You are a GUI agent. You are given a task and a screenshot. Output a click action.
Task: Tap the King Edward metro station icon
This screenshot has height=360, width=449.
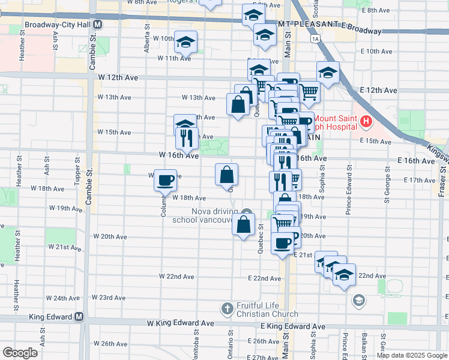point(79,317)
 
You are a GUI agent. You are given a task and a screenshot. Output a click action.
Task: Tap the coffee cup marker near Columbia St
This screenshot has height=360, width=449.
point(165,179)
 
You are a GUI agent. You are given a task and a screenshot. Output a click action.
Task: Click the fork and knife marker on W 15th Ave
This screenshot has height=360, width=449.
point(187,139)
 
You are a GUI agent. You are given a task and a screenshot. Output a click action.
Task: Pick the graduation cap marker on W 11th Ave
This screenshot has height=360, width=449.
point(186,43)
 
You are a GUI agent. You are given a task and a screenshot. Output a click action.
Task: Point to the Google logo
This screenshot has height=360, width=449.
point(20,353)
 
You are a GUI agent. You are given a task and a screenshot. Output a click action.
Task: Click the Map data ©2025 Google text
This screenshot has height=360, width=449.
point(411,355)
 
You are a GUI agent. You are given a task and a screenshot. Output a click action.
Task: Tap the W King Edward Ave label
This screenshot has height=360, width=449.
point(181,323)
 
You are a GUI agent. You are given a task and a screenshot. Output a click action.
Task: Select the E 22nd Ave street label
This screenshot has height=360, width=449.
point(265,278)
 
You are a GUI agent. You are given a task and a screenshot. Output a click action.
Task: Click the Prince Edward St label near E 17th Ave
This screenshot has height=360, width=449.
point(348,194)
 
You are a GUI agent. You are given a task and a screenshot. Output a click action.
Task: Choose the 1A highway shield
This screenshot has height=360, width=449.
point(315,39)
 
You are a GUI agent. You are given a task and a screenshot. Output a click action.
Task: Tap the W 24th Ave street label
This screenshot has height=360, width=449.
point(66,298)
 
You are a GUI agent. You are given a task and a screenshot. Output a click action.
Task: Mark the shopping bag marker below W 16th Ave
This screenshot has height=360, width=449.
point(227,175)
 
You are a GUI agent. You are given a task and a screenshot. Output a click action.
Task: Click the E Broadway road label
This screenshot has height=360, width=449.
point(361,30)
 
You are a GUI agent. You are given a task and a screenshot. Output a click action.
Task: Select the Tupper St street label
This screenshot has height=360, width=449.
point(77,170)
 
